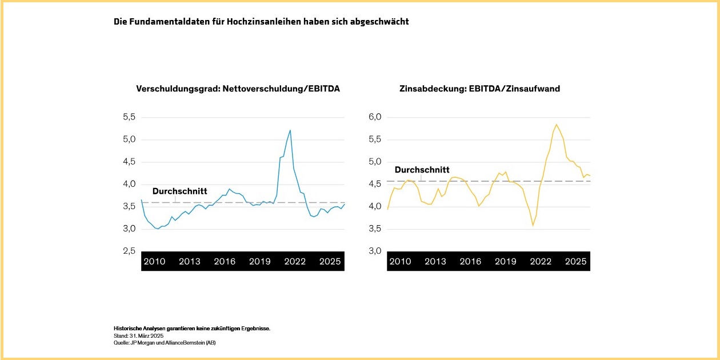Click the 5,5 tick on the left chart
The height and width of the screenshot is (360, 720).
click(130, 117)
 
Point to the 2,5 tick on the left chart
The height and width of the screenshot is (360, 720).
click(130, 251)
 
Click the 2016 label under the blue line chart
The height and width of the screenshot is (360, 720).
click(225, 262)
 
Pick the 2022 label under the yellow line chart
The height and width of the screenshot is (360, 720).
click(541, 262)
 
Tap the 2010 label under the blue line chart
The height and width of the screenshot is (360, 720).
click(154, 262)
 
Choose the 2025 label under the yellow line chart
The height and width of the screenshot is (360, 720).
click(575, 262)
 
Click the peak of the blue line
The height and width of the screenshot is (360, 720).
click(290, 130)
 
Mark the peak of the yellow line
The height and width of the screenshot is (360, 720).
click(556, 125)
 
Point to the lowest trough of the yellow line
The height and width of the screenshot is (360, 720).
click(533, 225)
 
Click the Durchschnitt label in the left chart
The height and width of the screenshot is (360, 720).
click(179, 191)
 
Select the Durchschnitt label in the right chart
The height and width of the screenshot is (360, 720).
click(422, 170)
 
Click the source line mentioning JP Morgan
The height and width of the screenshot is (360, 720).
click(165, 343)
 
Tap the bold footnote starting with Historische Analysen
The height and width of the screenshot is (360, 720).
click(191, 329)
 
